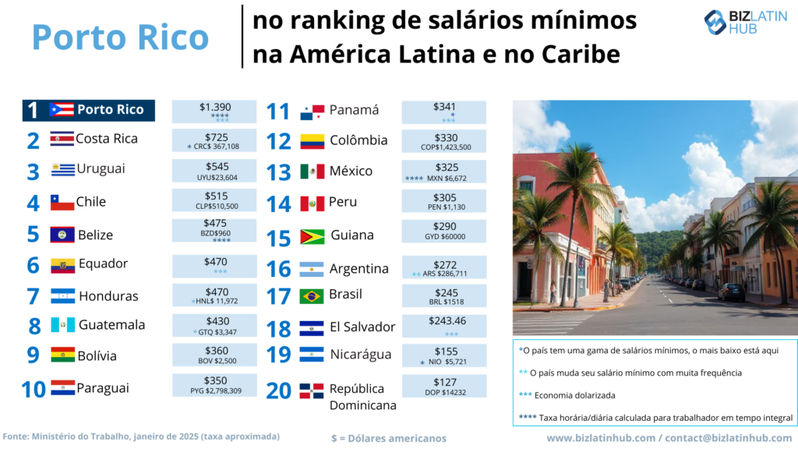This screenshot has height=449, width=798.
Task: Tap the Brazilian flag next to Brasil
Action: (x=312, y=296)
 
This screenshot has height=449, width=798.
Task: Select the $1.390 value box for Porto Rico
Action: (x=214, y=111)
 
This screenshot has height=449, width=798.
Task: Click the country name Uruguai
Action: (x=101, y=168)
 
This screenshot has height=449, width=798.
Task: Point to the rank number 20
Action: (x=278, y=390)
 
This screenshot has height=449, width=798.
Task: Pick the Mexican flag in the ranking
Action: (x=312, y=171)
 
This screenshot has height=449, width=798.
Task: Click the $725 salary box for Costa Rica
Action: (x=214, y=141)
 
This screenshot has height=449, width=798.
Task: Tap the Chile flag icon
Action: (x=62, y=203)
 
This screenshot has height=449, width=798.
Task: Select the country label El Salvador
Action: (x=362, y=327)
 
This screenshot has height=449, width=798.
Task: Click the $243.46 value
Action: (x=444, y=320)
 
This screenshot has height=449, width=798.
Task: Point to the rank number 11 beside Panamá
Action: (x=278, y=111)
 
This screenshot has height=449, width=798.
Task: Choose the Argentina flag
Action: (x=312, y=270)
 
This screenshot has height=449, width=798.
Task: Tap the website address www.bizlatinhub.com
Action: (x=601, y=438)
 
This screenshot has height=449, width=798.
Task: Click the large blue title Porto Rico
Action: (x=121, y=37)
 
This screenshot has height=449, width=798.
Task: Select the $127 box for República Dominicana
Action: (x=444, y=386)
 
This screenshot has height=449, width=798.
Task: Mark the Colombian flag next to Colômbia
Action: (x=312, y=142)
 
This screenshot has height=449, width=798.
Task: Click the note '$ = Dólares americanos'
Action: (x=389, y=438)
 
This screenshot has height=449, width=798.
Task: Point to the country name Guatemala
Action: (x=111, y=324)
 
